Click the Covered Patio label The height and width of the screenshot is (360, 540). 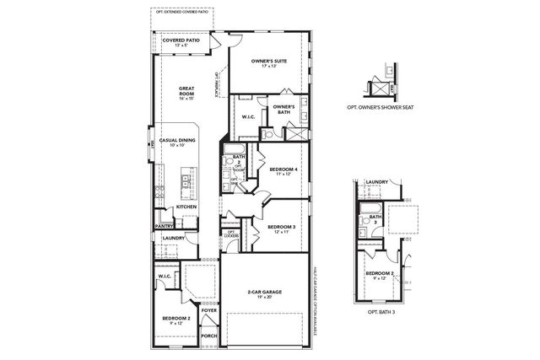[181, 40]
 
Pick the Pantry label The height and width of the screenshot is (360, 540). [164, 226]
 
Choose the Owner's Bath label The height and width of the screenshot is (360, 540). [283, 109]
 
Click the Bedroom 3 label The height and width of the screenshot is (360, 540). [280, 227]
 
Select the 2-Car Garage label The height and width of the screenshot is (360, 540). [264, 292]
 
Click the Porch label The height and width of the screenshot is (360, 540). [209, 336]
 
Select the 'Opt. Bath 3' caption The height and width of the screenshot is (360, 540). [382, 313]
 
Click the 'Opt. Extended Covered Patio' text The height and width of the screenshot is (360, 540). [182, 12]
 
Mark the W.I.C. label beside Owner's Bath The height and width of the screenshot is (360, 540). [248, 117]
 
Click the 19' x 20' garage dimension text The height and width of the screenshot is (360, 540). [264, 298]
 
